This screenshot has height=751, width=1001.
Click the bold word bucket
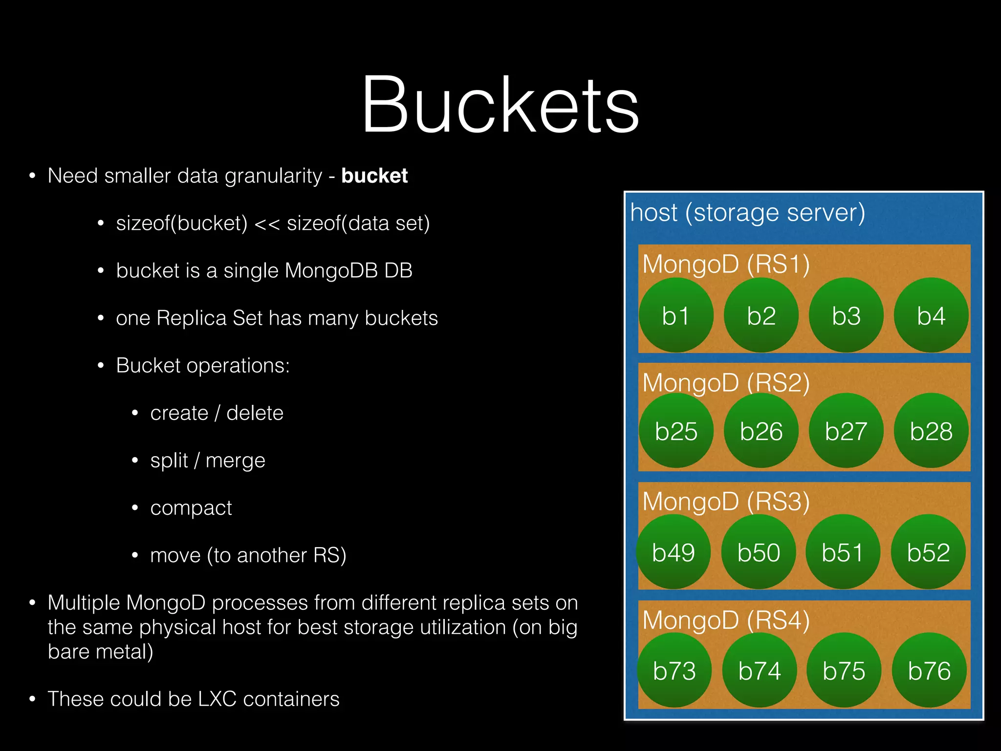coord(374,176)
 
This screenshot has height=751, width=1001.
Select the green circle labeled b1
coord(675,315)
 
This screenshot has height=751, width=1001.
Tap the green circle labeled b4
coord(931,315)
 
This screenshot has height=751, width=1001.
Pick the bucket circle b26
coord(761,431)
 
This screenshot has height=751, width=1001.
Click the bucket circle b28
coord(931,431)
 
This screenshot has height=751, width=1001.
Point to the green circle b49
coord(673,552)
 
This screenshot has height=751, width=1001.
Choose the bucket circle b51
coord(842,552)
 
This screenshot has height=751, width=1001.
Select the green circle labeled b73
coord(674,670)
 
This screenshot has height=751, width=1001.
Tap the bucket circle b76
coord(929,670)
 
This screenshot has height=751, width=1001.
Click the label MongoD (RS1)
coord(726,264)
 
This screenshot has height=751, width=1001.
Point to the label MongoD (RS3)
coord(726,502)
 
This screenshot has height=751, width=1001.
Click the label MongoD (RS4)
coord(726,620)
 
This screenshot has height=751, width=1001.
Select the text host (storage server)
coord(747,213)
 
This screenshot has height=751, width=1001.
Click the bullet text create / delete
coord(217,413)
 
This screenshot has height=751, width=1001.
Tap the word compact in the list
coord(191,508)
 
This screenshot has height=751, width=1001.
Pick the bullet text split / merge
coord(207,461)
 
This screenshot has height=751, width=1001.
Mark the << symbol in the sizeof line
coord(267,224)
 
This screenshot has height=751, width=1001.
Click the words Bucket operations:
coord(202,366)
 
